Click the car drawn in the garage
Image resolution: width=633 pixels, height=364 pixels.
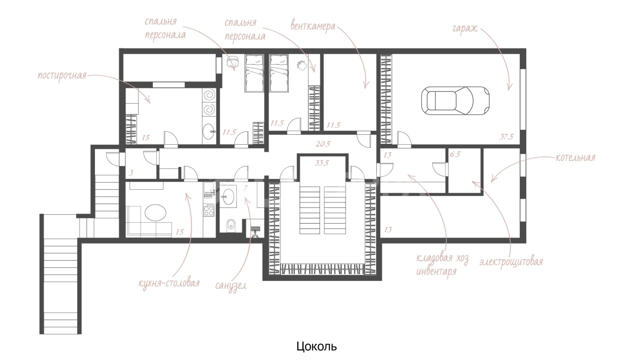pyautogui.click(x=455, y=101)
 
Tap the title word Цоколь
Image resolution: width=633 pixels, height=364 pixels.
pyautogui.click(x=316, y=346)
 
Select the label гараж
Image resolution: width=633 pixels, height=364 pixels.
pyautogui.click(x=465, y=29)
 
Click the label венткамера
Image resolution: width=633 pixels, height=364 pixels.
pyautogui.click(x=313, y=26)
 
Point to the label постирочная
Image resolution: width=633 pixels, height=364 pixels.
pyautogui.click(x=62, y=76)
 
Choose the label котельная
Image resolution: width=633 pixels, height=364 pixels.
pyautogui.click(x=575, y=158)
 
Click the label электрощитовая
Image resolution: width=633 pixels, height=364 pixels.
pyautogui.click(x=511, y=262)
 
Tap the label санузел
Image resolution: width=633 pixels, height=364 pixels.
pyautogui.click(x=230, y=286)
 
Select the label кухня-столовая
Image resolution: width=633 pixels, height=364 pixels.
pyautogui.click(x=169, y=283)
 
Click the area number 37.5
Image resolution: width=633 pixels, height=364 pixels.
pyautogui.click(x=506, y=137)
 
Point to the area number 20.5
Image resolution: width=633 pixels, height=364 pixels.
pyautogui.click(x=323, y=144)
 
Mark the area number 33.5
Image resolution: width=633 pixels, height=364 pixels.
pyautogui.click(x=322, y=163)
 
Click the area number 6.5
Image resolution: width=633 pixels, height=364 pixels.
pyautogui.click(x=455, y=155)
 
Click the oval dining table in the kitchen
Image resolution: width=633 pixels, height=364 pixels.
pyautogui.click(x=155, y=213)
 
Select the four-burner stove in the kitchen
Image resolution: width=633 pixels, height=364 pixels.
pyautogui.click(x=209, y=210)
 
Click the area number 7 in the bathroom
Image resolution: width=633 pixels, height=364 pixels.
pyautogui.click(x=245, y=188)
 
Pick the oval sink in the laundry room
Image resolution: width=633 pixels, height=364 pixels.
pyautogui.click(x=209, y=131)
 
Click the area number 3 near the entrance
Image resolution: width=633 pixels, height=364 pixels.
pyautogui.click(x=131, y=173)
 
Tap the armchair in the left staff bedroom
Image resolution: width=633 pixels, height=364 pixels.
pyautogui.click(x=232, y=60)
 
